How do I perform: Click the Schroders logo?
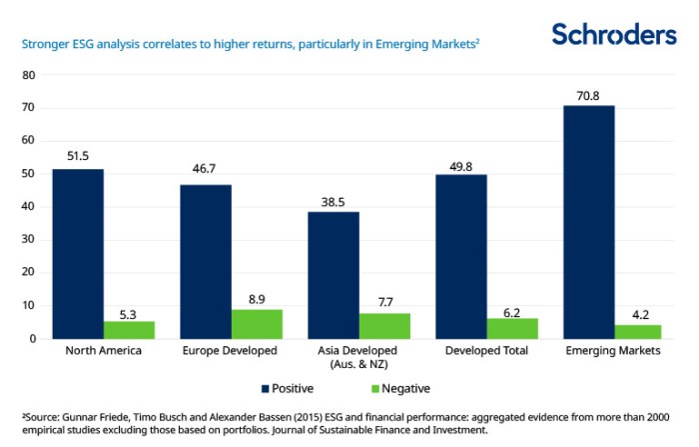point(614,34)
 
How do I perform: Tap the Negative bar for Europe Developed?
point(258,324)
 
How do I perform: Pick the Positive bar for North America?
point(78,254)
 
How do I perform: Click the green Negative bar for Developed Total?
point(513,328)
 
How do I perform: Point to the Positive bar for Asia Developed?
point(334,275)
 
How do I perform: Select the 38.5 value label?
point(334,201)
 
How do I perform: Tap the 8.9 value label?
point(258,298)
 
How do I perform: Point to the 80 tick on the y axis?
point(29,75)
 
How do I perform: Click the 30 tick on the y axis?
point(29,240)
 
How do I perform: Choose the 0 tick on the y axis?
point(32,339)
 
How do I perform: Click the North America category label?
point(104,351)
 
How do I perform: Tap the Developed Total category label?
point(487,351)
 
